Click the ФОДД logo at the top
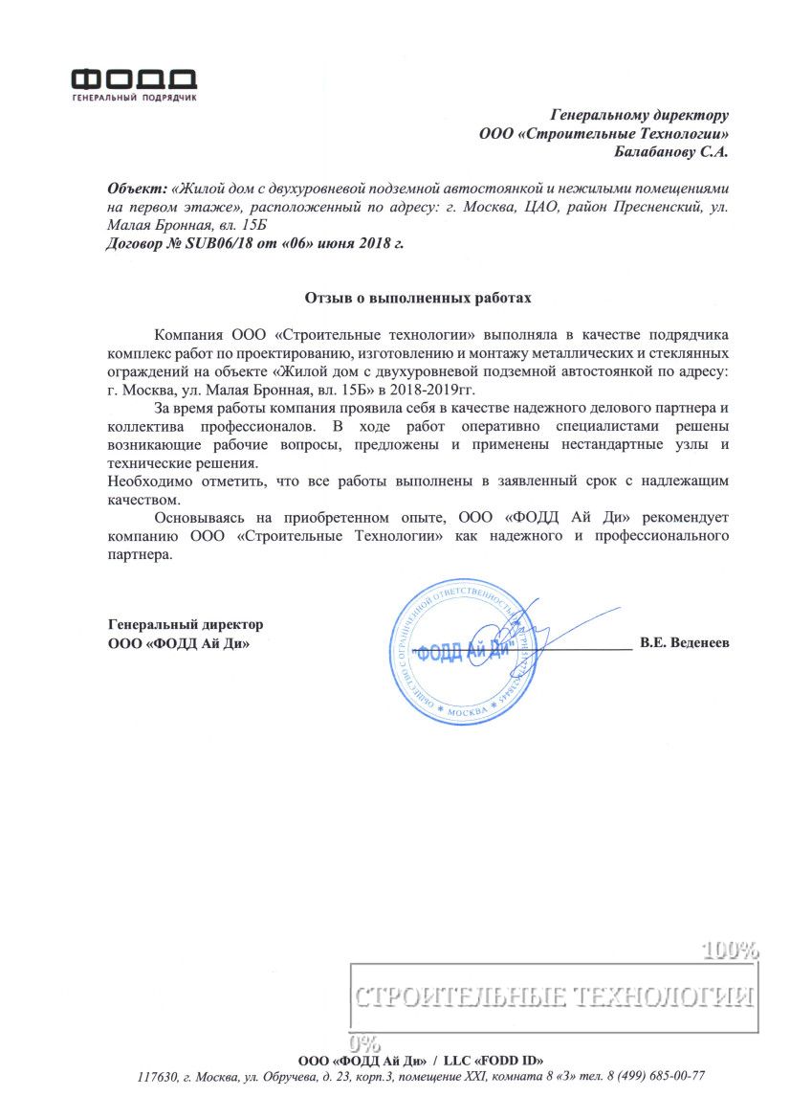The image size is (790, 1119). pyautogui.click(x=134, y=78)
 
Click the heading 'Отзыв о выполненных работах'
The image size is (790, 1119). pyautogui.click(x=417, y=298)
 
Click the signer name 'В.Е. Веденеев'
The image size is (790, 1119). pyautogui.click(x=684, y=642)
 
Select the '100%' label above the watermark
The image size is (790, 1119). pyautogui.click(x=732, y=951)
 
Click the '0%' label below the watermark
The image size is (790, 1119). pyautogui.click(x=365, y=1041)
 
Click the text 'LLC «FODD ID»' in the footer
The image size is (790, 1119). pyautogui.click(x=494, y=1060)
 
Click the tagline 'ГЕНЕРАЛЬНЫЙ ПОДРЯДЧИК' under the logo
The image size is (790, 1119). pyautogui.click(x=134, y=99)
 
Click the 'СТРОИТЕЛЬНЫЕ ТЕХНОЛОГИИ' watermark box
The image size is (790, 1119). pyautogui.click(x=554, y=996)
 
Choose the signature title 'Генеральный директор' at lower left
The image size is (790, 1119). pyautogui.click(x=186, y=624)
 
